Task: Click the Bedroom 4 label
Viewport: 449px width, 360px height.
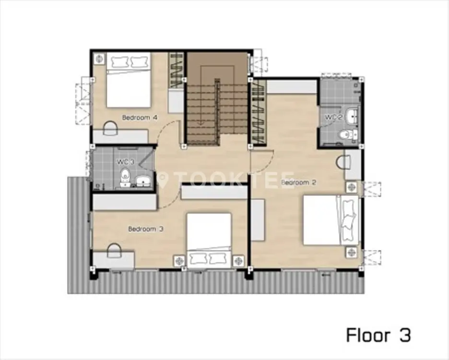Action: click(140, 118)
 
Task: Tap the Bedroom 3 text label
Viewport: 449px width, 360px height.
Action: click(146, 229)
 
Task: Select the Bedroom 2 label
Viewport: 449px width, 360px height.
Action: click(298, 182)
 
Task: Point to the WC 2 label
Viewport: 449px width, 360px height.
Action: click(333, 117)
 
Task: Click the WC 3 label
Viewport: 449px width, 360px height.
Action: click(125, 162)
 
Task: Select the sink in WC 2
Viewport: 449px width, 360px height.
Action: click(351, 116)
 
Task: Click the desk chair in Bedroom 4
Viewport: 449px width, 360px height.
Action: click(110, 129)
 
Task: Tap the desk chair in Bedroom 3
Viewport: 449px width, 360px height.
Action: click(114, 251)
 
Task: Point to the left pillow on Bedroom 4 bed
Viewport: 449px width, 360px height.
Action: click(118, 61)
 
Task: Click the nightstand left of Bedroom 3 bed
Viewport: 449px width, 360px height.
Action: click(179, 261)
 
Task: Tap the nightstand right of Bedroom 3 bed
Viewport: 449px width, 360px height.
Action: click(238, 261)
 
